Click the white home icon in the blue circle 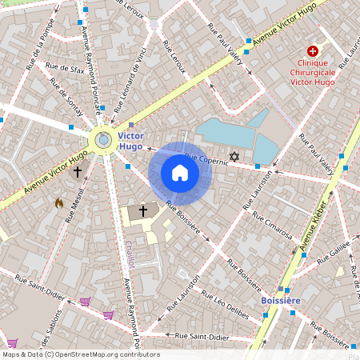(x=180, y=173)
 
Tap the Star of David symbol (x=234, y=156)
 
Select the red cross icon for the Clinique (x=313, y=50)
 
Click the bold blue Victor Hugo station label (x=130, y=142)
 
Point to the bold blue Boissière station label (x=281, y=300)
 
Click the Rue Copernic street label (x=206, y=159)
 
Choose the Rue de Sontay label (x=65, y=97)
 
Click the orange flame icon (x=58, y=203)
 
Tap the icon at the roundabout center (x=103, y=140)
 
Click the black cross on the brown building (x=143, y=210)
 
